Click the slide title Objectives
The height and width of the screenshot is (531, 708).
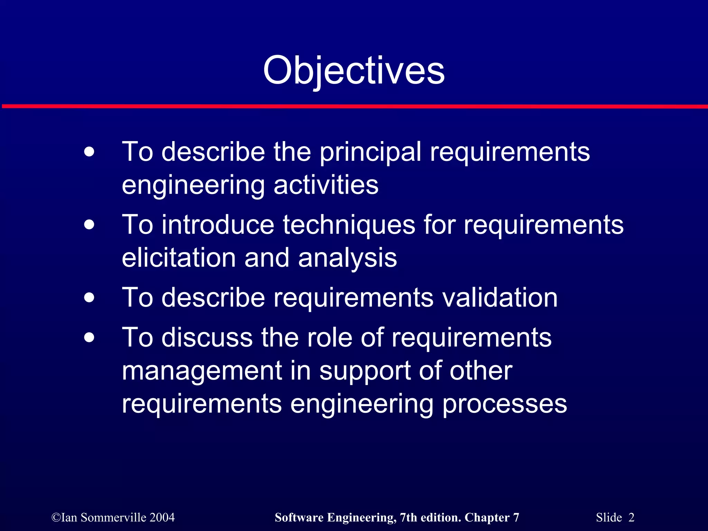point(354,71)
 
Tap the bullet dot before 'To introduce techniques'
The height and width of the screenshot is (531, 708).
point(89,225)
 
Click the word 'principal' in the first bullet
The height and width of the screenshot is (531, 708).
point(370,152)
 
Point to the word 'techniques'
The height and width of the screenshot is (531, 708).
point(349,225)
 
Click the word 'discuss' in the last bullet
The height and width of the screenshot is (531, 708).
point(207,337)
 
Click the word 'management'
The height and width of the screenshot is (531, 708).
point(202,371)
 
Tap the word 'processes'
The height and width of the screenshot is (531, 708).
point(504,404)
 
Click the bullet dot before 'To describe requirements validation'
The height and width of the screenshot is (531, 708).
point(89,298)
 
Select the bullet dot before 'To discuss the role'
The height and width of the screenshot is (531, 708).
point(89,337)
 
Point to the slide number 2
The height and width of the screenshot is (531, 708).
point(631,518)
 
